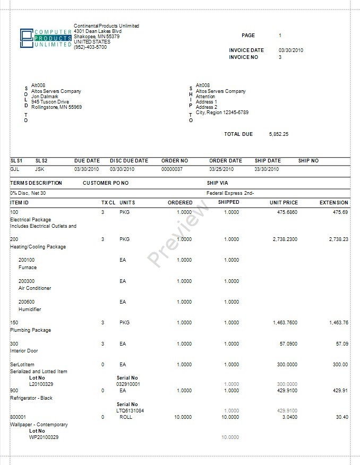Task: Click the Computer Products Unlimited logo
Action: [45, 38]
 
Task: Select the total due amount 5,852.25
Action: [279, 134]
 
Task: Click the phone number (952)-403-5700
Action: [90, 47]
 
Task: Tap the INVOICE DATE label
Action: [246, 50]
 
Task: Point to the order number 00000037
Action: [172, 169]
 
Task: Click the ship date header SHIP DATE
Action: [268, 161]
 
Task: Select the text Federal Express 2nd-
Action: [230, 193]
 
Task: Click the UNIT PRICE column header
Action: [284, 203]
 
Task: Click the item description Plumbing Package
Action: [31, 330]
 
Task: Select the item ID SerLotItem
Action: [22, 365]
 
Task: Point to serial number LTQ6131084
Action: [130, 410]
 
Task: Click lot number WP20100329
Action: [44, 437]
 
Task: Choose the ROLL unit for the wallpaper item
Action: [126, 417]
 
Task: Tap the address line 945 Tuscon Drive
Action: [50, 102]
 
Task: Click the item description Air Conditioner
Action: [35, 288]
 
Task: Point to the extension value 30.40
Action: [342, 417]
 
